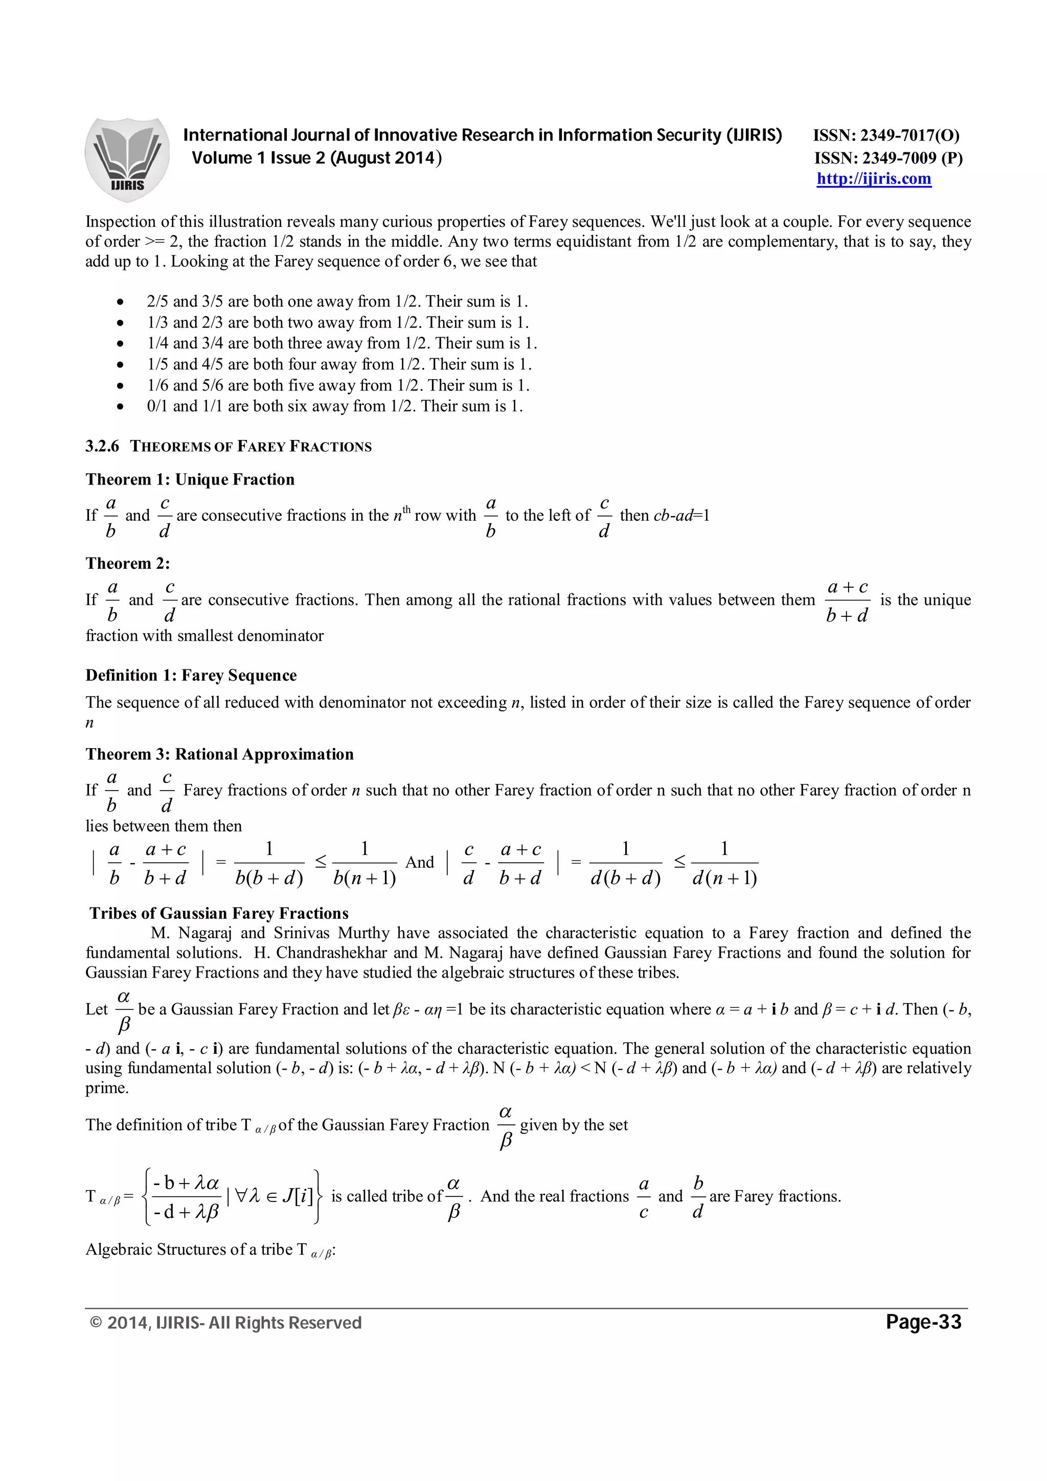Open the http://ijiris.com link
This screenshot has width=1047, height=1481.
tap(874, 179)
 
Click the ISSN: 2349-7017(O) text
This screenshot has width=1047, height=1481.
tap(886, 135)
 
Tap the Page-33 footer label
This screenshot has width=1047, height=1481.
tap(923, 1323)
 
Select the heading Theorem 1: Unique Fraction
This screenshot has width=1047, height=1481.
tap(190, 479)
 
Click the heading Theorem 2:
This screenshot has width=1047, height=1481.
tap(128, 563)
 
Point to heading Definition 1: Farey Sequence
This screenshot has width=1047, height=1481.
tap(191, 676)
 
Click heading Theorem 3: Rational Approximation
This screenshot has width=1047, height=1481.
tap(219, 754)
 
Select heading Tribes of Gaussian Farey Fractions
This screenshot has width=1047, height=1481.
tap(219, 913)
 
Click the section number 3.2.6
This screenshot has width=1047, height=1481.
tap(102, 446)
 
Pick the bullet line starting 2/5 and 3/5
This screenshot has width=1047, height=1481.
tap(337, 301)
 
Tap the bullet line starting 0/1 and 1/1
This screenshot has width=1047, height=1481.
tap(334, 406)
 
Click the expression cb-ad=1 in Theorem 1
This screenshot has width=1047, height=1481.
tap(680, 515)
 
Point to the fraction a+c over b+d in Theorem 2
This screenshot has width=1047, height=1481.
tap(847, 600)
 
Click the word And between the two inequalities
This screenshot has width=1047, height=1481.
tap(419, 863)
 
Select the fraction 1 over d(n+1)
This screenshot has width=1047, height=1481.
tap(724, 863)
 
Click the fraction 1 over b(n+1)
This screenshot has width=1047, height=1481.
tap(365, 863)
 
